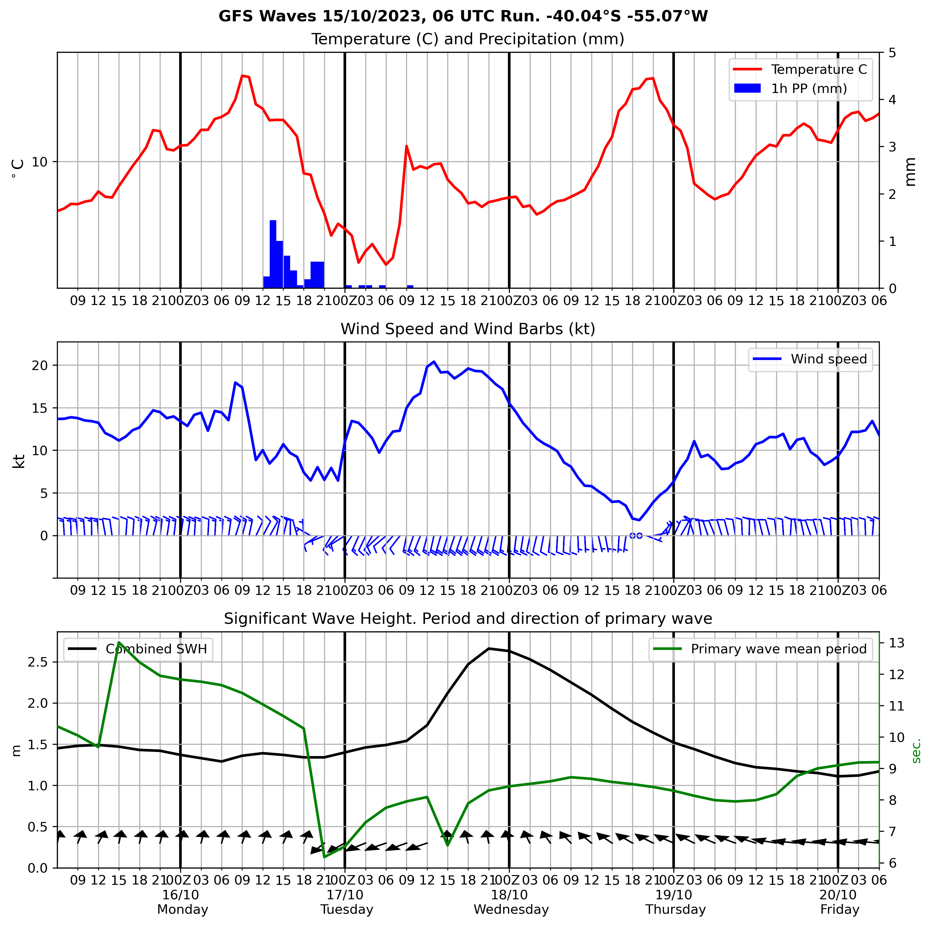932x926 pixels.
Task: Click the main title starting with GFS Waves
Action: (x=463, y=16)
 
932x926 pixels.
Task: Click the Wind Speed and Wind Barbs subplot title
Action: (x=468, y=329)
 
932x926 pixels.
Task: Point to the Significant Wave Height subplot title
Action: (x=468, y=618)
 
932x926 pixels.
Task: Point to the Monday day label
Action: (x=182, y=910)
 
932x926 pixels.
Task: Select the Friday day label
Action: (x=840, y=910)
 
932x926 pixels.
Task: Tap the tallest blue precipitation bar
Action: (x=273, y=254)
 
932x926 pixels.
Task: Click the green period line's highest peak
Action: (x=119, y=643)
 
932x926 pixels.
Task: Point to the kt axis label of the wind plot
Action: (x=19, y=461)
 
